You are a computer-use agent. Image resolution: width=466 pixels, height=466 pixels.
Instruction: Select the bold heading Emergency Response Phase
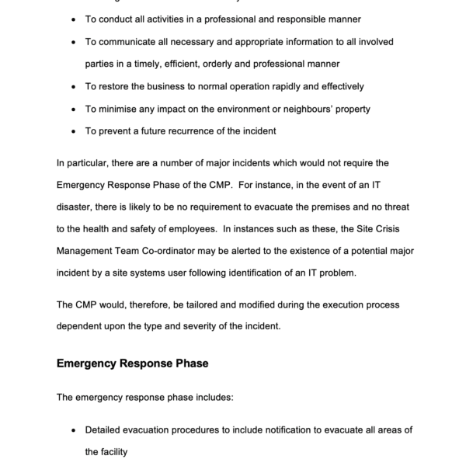132,363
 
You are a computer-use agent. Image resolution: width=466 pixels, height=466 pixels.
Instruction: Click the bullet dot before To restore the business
73,86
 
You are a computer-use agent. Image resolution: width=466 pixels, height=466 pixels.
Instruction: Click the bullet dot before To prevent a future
73,131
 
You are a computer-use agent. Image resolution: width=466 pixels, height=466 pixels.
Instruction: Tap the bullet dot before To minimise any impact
73,109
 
